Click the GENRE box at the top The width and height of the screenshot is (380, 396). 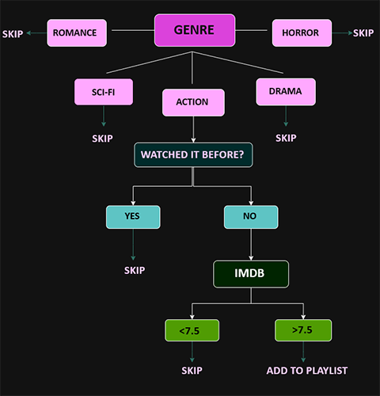click(195, 31)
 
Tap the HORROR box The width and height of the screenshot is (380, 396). click(301, 33)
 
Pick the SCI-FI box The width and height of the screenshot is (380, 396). click(104, 92)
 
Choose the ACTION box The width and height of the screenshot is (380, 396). click(193, 102)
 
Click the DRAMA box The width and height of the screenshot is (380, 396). click(285, 92)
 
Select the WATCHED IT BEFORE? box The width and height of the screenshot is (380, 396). click(193, 154)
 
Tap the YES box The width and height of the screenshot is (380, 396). click(133, 216)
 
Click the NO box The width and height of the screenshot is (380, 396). click(251, 216)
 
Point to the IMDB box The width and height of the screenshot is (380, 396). click(251, 274)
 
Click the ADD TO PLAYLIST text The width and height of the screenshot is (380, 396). click(307, 370)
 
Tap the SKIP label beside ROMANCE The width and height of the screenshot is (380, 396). click(13, 33)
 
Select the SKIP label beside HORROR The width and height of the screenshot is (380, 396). click(363, 33)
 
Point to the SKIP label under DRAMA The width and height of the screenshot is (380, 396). click(285, 138)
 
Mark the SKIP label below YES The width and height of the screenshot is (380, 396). click(135, 270)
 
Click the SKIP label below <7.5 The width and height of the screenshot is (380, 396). click(192, 370)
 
